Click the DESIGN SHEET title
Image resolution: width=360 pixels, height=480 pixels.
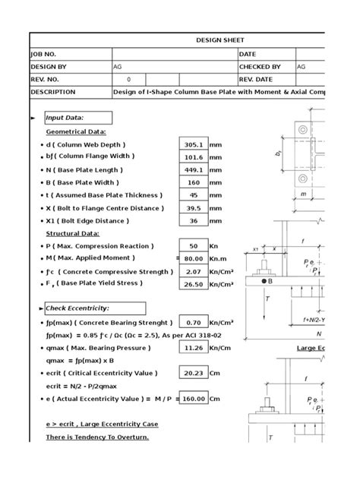pyautogui.click(x=221, y=40)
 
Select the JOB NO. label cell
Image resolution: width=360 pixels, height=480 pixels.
pyautogui.click(x=70, y=54)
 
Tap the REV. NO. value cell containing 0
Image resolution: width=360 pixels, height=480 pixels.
pyautogui.click(x=128, y=79)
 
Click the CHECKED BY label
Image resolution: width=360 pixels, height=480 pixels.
pyautogui.click(x=266, y=67)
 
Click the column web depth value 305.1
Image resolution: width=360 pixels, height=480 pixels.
pyautogui.click(x=193, y=144)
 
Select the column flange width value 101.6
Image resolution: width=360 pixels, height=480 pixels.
pyautogui.click(x=193, y=157)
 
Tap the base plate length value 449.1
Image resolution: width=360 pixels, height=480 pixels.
pyautogui.click(x=193, y=170)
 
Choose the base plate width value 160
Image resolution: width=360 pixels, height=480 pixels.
pyautogui.click(x=193, y=183)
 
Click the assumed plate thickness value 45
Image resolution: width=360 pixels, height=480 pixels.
pyautogui.click(x=193, y=195)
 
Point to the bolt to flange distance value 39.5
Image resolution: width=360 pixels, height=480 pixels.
pyautogui.click(x=193, y=208)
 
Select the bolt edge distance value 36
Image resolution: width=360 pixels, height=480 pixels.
pyautogui.click(x=193, y=221)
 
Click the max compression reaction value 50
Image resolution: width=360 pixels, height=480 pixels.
pyautogui.click(x=193, y=246)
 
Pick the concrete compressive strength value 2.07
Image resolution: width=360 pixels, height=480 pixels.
pyautogui.click(x=193, y=271)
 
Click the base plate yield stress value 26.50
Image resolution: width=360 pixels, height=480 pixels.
pyautogui.click(x=193, y=284)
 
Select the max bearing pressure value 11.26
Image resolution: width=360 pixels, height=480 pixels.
pyautogui.click(x=193, y=349)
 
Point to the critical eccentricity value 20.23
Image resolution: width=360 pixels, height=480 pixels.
pyautogui.click(x=193, y=374)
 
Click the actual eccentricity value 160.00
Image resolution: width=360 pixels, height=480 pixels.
pyautogui.click(x=193, y=399)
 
